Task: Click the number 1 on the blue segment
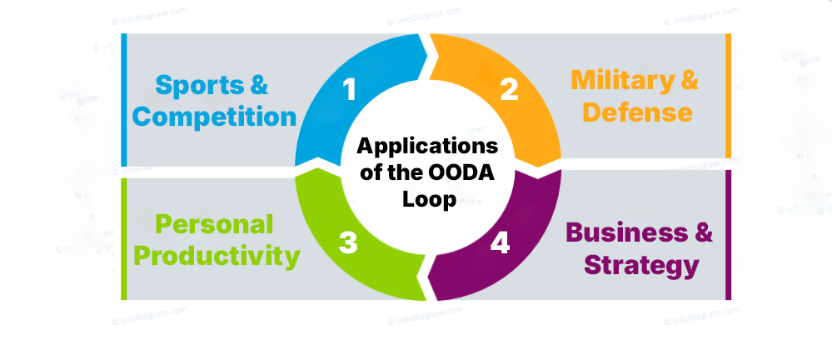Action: pyautogui.click(x=351, y=89)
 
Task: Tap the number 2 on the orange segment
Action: pyautogui.click(x=509, y=89)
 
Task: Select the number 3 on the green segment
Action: pyautogui.click(x=348, y=242)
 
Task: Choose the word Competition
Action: pyautogui.click(x=215, y=117)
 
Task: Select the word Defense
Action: pyautogui.click(x=637, y=112)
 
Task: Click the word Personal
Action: pyautogui.click(x=214, y=224)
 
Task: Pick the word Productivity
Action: pyautogui.click(x=217, y=256)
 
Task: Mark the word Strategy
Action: pyautogui.click(x=640, y=265)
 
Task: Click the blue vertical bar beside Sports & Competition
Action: pyautogui.click(x=124, y=100)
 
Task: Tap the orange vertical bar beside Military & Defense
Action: pyautogui.click(x=728, y=95)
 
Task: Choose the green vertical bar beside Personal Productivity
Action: pyautogui.click(x=124, y=238)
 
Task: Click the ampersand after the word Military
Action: pyautogui.click(x=688, y=81)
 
